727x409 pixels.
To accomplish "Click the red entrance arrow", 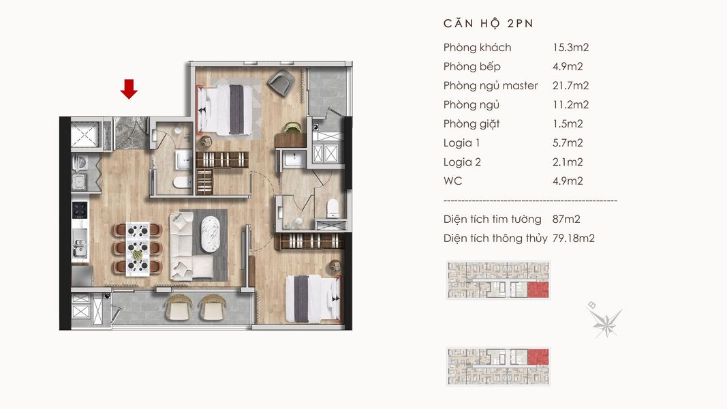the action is (129, 89).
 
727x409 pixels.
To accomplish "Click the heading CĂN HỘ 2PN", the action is (489, 23).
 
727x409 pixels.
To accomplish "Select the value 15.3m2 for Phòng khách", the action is (570, 47).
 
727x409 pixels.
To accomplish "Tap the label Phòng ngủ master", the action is (491, 86).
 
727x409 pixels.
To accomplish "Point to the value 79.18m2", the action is (573, 239).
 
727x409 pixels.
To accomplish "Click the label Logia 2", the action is (462, 162).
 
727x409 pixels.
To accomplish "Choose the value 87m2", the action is (566, 219).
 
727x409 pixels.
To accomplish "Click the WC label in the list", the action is (452, 181).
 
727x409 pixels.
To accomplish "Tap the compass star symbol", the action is (606, 321).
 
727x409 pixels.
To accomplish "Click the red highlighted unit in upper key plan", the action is (538, 289).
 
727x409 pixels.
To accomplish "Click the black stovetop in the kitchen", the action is (80, 210).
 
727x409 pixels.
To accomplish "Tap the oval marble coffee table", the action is (211, 234).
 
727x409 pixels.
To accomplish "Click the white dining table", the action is (138, 249).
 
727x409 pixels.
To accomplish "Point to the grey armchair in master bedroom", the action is (281, 82).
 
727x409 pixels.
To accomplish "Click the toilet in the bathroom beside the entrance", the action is (182, 182).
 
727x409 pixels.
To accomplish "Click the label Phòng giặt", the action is (471, 124).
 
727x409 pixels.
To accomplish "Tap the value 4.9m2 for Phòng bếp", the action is (568, 67).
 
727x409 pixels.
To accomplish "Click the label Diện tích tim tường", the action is (493, 219).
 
